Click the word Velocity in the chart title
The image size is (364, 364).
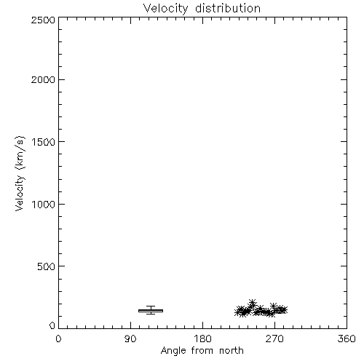165,9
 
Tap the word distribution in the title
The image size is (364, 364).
228,8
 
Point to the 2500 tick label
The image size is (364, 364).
43,20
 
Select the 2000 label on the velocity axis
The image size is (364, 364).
43,79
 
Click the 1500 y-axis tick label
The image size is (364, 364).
44,142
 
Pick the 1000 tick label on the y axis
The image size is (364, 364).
44,205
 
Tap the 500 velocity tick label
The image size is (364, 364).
47,266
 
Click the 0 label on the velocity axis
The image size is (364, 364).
52,325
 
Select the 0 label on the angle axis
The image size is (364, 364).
58,339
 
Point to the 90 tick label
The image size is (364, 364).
130,339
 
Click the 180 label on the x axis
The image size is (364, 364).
202,339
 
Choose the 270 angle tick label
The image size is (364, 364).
274,339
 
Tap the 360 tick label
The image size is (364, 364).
347,339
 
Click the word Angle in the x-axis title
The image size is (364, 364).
173,351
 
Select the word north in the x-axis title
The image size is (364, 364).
232,350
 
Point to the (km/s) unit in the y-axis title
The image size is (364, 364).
20,153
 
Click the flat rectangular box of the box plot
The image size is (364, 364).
151,311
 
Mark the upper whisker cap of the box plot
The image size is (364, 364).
151,306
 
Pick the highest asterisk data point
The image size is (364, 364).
253,303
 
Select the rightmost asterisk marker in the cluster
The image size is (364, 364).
284,310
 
